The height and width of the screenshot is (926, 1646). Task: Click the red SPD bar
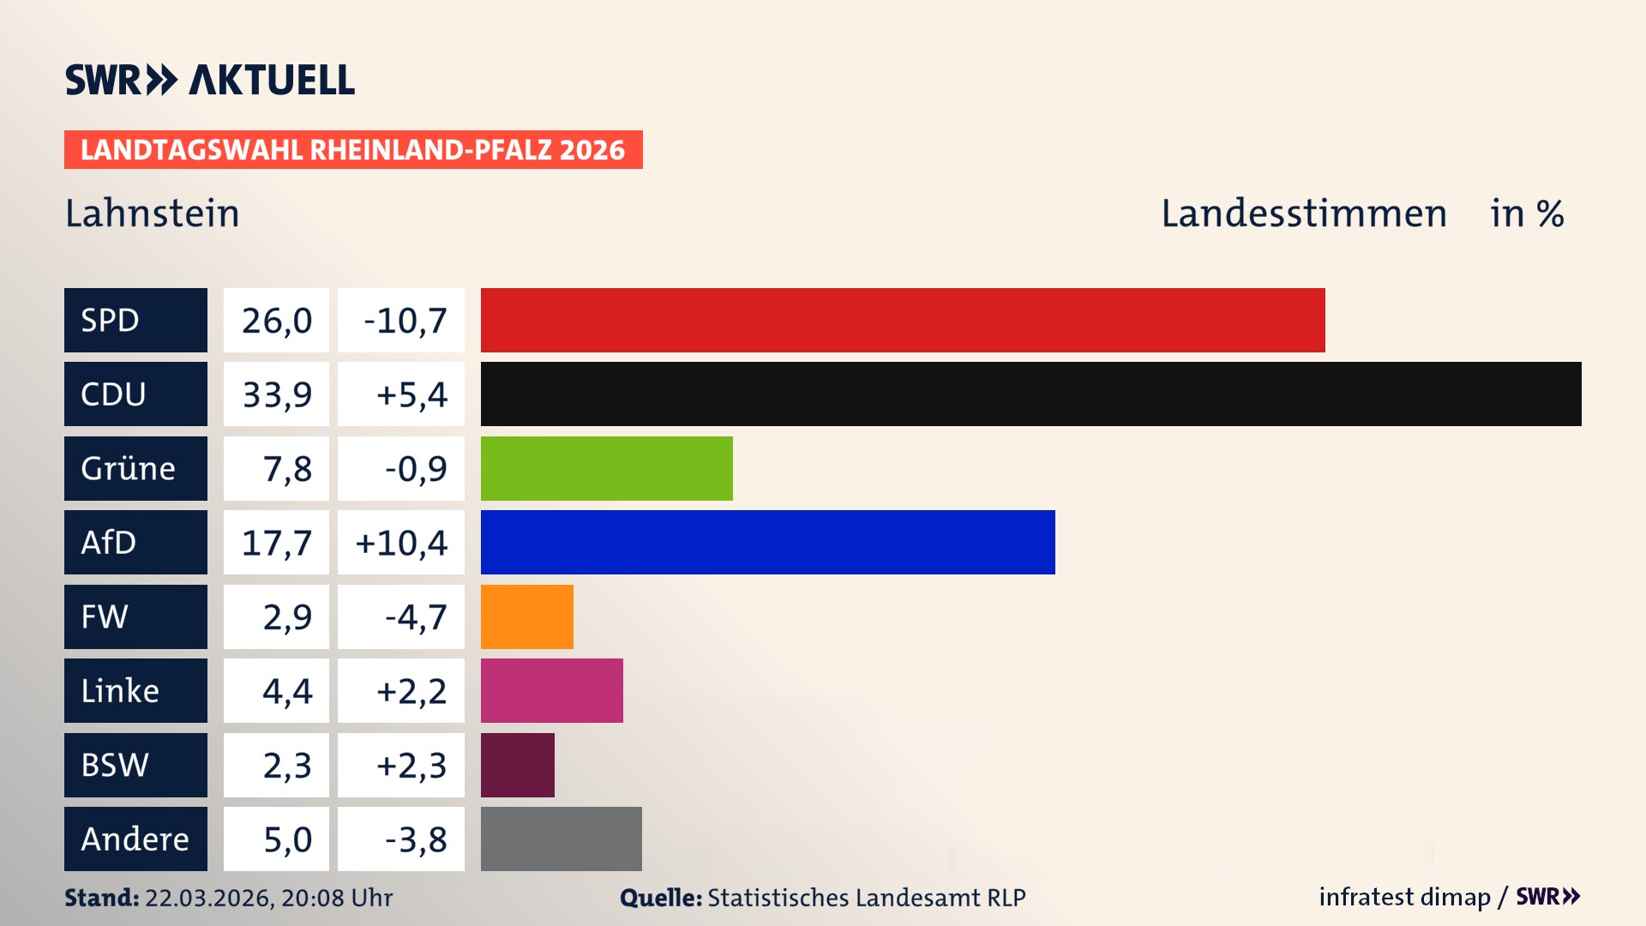[x=902, y=320]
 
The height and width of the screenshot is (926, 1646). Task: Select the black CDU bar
[x=1030, y=394]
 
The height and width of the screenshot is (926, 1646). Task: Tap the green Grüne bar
[x=606, y=468]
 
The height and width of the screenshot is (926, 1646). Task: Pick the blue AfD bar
[x=767, y=542]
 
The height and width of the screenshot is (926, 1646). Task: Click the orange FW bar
[x=526, y=616]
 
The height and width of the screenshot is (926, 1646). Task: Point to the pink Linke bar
[x=551, y=690]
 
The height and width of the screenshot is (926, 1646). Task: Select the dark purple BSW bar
[x=517, y=765]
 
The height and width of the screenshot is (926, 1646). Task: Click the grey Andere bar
[x=561, y=839]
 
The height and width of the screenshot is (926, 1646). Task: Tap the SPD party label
[x=135, y=320]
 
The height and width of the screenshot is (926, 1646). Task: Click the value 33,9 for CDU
[x=276, y=394]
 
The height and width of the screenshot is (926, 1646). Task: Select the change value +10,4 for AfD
[x=401, y=543]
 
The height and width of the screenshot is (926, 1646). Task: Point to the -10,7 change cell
[x=401, y=321]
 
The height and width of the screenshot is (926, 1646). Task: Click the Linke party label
[x=135, y=690]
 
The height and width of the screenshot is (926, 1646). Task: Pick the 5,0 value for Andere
[x=276, y=839]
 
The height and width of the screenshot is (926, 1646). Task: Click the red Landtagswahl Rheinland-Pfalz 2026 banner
[x=352, y=149]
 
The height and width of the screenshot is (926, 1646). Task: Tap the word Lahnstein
[x=152, y=213]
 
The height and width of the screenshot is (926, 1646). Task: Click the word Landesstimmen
[x=1303, y=213]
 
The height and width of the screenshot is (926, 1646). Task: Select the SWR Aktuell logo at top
[x=209, y=80]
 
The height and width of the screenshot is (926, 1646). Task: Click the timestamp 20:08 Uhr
[x=336, y=898]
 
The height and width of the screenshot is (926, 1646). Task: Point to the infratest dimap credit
[x=1403, y=897]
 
